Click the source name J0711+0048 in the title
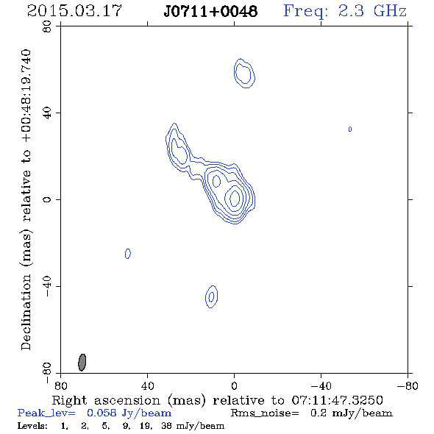click(210, 11)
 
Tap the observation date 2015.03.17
click(74, 11)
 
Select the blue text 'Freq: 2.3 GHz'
click(345, 11)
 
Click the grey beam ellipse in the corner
click(82, 362)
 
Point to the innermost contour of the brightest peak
click(235, 198)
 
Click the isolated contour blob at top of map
click(244, 74)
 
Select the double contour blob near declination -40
click(211, 296)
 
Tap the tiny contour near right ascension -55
click(350, 129)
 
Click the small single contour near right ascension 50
click(127, 254)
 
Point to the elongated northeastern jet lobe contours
click(177, 147)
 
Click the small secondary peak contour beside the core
click(216, 182)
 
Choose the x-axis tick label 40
click(147, 386)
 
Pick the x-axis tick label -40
click(321, 386)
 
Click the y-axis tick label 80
click(47, 26)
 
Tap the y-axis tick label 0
click(47, 199)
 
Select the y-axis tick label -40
click(47, 286)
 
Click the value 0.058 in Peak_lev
click(102, 413)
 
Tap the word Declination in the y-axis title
click(26, 312)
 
